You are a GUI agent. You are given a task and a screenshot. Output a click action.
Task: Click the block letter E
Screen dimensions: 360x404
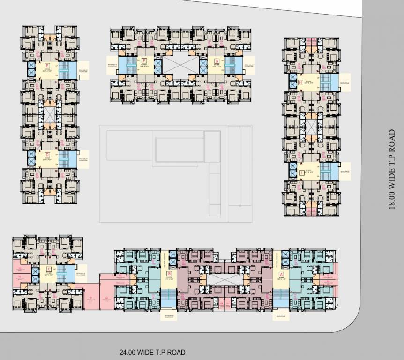click(x=47, y=65)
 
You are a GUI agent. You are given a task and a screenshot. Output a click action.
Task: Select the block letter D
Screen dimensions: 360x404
click(x=47, y=153)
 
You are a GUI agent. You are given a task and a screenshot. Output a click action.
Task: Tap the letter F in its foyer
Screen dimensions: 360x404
click(x=144, y=61)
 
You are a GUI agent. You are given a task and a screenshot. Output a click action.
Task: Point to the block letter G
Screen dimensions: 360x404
click(x=217, y=61)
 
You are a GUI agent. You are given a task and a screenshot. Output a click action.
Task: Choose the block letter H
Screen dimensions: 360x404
click(x=300, y=83)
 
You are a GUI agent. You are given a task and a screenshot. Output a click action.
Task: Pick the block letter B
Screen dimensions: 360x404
click(x=170, y=273)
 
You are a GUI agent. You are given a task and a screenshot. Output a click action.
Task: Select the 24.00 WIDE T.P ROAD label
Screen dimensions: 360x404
click(x=152, y=352)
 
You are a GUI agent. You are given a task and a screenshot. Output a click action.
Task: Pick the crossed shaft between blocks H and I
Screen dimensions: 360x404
click(x=312, y=126)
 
